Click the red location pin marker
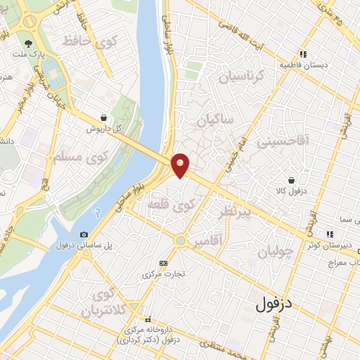point(181,165)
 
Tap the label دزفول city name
point(274,304)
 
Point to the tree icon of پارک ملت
point(29,41)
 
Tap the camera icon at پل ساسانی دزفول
point(84,234)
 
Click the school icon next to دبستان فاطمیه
point(303,53)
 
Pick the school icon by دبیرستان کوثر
point(329,234)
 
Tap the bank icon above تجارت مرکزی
point(164,262)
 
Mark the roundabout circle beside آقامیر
point(181,240)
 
